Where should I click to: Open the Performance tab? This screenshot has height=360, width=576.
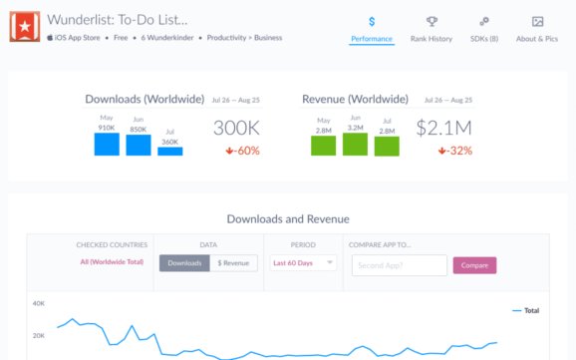tap(372, 29)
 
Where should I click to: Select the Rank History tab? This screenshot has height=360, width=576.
tap(431, 29)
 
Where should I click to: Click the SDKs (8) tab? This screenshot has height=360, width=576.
tap(483, 29)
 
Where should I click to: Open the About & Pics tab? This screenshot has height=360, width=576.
tap(536, 29)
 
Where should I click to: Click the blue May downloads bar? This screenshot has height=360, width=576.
tap(107, 144)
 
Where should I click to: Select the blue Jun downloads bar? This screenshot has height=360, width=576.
tap(139, 145)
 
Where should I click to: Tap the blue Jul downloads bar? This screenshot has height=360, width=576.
tap(169, 150)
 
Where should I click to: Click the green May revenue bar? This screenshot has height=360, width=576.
tap(323, 146)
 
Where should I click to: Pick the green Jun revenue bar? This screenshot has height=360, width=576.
tap(355, 144)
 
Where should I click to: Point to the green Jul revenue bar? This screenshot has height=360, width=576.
tap(387, 146)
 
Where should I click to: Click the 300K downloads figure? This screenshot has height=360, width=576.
tap(236, 128)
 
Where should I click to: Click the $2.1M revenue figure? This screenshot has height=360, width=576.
tap(443, 128)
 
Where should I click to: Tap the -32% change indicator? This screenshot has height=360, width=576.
tap(454, 151)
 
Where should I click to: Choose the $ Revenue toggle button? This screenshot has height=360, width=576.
tap(233, 263)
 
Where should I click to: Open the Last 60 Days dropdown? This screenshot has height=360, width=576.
tap(303, 263)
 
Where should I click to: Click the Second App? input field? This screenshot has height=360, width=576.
tap(397, 265)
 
